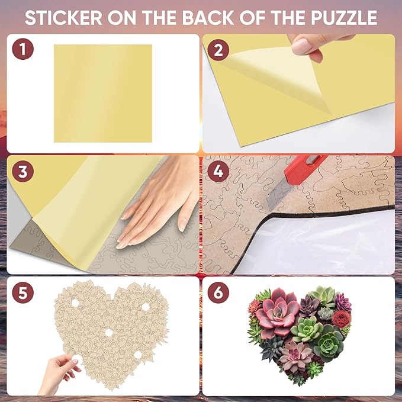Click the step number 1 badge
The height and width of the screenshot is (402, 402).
22,49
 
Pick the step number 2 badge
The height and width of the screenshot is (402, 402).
218,49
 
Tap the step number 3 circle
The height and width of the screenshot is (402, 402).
22,172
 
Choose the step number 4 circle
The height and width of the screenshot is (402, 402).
218,172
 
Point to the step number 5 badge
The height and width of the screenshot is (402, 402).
22,293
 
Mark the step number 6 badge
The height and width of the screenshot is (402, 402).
218,293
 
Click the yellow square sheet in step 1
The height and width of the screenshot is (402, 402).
102,93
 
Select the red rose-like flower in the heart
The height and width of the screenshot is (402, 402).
341,319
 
